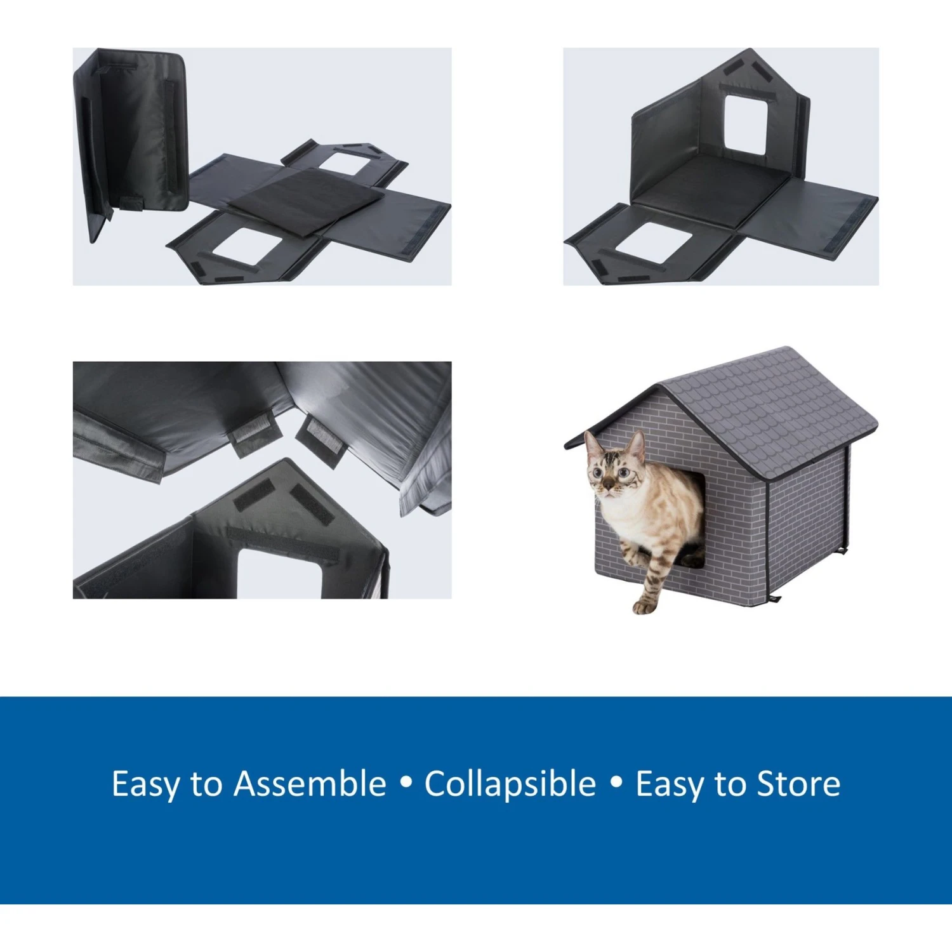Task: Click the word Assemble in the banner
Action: pyautogui.click(x=310, y=784)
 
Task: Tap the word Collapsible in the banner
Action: pyautogui.click(x=510, y=784)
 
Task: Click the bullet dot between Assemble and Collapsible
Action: pyautogui.click(x=406, y=783)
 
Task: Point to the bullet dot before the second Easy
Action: pyautogui.click(x=616, y=783)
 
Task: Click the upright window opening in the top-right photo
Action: pyautogui.click(x=746, y=124)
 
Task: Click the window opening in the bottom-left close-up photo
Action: pyautogui.click(x=279, y=574)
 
